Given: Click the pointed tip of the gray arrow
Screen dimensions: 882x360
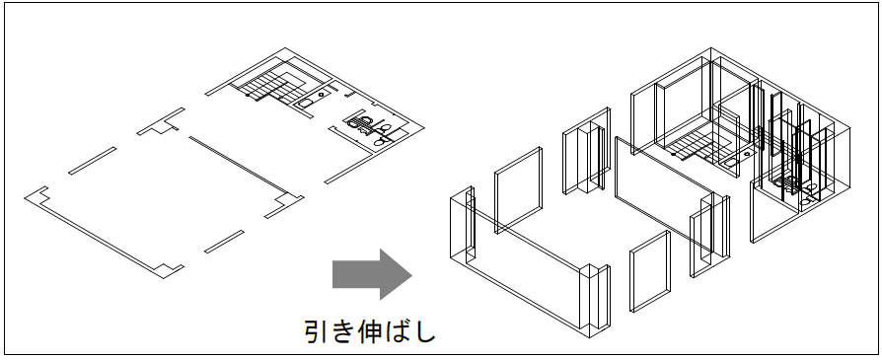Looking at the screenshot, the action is pyautogui.click(x=412, y=275).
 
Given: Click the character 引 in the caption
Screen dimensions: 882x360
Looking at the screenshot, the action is pyautogui.click(x=316, y=331).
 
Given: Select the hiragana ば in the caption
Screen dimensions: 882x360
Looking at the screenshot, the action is pyautogui.click(x=398, y=331).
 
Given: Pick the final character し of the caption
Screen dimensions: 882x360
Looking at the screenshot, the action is pyautogui.click(x=424, y=331).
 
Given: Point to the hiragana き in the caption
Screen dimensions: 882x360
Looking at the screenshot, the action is pyautogui.click(x=342, y=331).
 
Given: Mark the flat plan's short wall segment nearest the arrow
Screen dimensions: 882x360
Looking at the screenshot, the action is pyautogui.click(x=224, y=242).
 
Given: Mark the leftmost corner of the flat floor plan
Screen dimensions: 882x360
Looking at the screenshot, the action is pyautogui.click(x=25, y=197).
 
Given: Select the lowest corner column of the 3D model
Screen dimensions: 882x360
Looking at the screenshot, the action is pyautogui.click(x=595, y=301).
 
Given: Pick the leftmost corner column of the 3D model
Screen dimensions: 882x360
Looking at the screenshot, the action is pyautogui.click(x=463, y=225).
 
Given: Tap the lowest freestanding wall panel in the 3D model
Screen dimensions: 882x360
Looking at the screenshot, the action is pyautogui.click(x=650, y=271).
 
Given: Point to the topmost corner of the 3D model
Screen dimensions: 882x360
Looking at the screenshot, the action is pyautogui.click(x=711, y=47).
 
